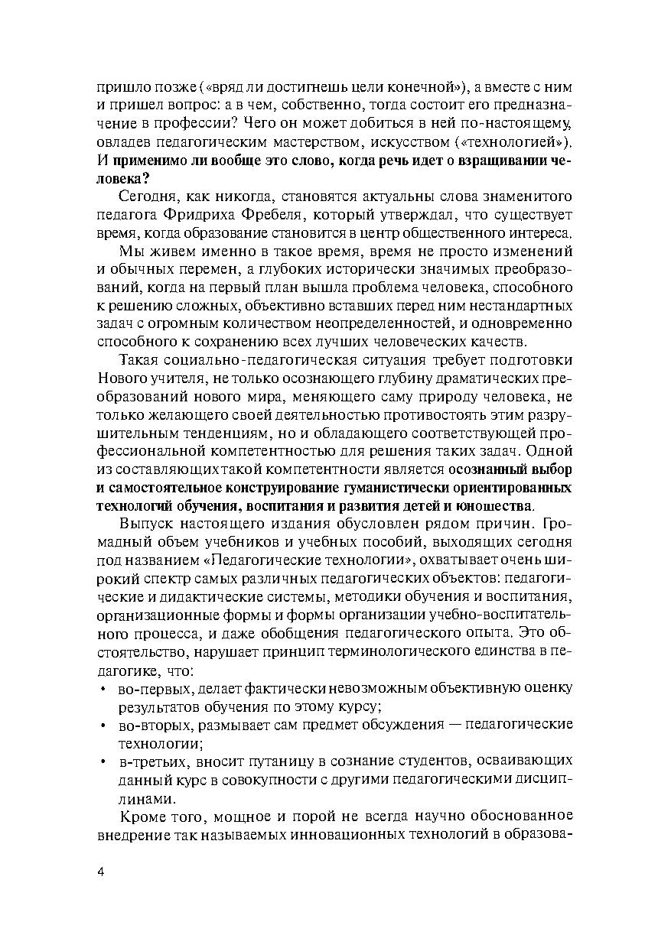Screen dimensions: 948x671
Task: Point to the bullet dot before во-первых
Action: pyautogui.click(x=103, y=688)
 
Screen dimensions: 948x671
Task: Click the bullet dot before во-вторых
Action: pyautogui.click(x=103, y=724)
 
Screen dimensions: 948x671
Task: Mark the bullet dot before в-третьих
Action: pyautogui.click(x=103, y=761)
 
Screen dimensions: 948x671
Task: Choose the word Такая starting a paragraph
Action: pyautogui.click(x=142, y=359)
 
